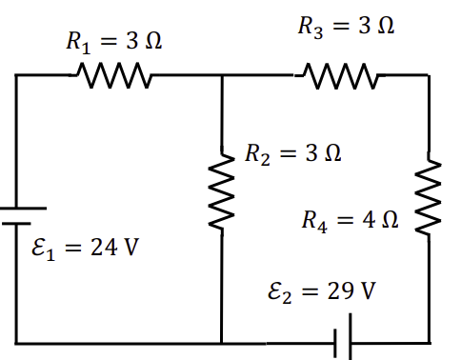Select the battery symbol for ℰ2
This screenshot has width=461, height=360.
tap(343, 339)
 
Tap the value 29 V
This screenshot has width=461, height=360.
tap(352, 290)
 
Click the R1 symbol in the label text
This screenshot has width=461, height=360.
tap(74, 42)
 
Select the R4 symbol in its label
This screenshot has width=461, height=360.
tap(313, 223)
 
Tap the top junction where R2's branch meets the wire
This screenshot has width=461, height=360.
tap(221, 74)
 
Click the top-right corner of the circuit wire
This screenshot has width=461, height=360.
tap(430, 74)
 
